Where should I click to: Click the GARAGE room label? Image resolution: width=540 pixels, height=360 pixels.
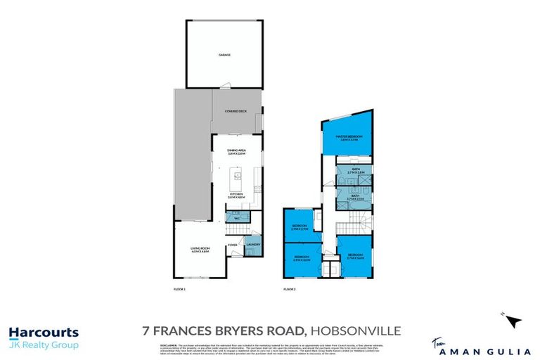(x=224, y=54)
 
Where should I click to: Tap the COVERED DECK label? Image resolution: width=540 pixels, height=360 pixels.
(x=235, y=111)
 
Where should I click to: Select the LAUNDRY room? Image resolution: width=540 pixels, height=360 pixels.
(x=254, y=245)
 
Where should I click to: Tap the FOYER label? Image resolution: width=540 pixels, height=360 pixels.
(x=232, y=245)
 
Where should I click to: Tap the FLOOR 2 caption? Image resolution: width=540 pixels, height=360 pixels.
(x=290, y=289)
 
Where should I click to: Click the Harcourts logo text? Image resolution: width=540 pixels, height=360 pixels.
(x=44, y=333)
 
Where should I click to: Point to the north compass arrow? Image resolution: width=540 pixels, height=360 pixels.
(x=515, y=322)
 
